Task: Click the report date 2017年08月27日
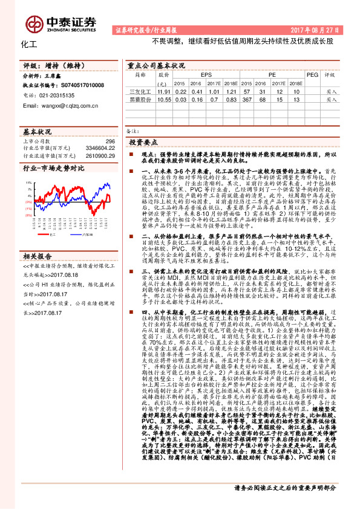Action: point(315,29)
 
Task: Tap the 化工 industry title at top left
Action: point(29,44)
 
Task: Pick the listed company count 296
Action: point(110,141)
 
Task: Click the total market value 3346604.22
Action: point(100,147)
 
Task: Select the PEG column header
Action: point(312,74)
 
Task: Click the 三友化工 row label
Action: point(140,91)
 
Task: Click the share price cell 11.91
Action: point(163,91)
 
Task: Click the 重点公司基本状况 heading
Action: point(157,64)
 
